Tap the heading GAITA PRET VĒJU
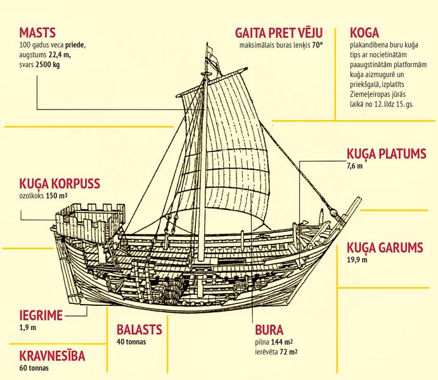[279, 33]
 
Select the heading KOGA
[366, 33]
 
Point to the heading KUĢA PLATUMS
[385, 155]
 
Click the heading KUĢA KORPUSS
[60, 184]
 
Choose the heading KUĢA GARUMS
[384, 248]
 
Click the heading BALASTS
[139, 329]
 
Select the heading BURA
[269, 330]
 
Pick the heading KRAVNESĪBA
[52, 356]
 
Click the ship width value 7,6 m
[354, 166]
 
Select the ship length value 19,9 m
[357, 260]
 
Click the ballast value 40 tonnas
[131, 341]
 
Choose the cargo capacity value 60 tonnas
[34, 367]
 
